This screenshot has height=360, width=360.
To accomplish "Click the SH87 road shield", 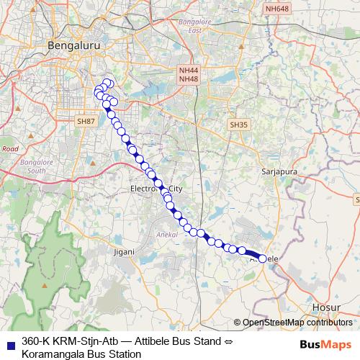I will coord(86,122).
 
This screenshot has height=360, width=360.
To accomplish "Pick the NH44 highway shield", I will coord(189,71).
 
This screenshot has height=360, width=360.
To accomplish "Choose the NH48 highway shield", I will coord(189,78).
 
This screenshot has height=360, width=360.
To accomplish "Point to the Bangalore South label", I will coord(33,167).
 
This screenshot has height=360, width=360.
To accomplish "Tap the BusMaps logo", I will coord(326,344).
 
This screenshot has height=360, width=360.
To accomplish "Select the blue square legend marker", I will coord(10,342).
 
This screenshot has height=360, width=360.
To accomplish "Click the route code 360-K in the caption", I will coord(38,342).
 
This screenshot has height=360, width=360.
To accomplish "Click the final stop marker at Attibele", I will coord(264,257).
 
